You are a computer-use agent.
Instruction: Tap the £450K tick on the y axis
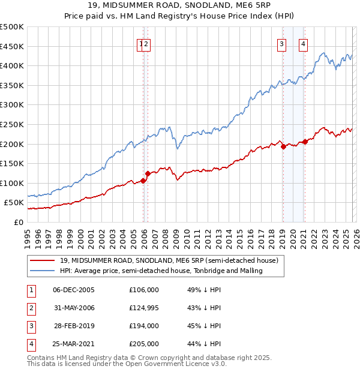pyautogui.click(x=12, y=46)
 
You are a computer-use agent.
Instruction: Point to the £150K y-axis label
pyautogui.click(x=12, y=163)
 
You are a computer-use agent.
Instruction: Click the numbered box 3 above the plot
pyautogui.click(x=281, y=43)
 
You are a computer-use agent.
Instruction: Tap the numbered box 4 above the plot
pyautogui.click(x=303, y=43)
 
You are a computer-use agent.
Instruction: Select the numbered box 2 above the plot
pyautogui.click(x=146, y=43)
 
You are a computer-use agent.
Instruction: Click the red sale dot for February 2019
pyautogui.click(x=283, y=146)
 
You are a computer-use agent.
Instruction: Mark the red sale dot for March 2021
pyautogui.click(x=305, y=142)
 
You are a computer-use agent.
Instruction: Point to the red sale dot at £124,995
pyautogui.click(x=148, y=173)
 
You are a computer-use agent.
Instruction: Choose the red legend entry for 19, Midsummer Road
pyautogui.click(x=169, y=261)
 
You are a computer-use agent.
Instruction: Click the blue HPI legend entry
pyautogui.click(x=170, y=271)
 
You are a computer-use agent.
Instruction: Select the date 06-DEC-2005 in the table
pyautogui.click(x=74, y=290)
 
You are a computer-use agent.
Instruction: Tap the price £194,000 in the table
pyautogui.click(x=144, y=326)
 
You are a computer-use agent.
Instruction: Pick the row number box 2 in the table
pyautogui.click(x=31, y=308)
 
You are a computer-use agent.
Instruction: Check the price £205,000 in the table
pyautogui.click(x=144, y=344)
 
